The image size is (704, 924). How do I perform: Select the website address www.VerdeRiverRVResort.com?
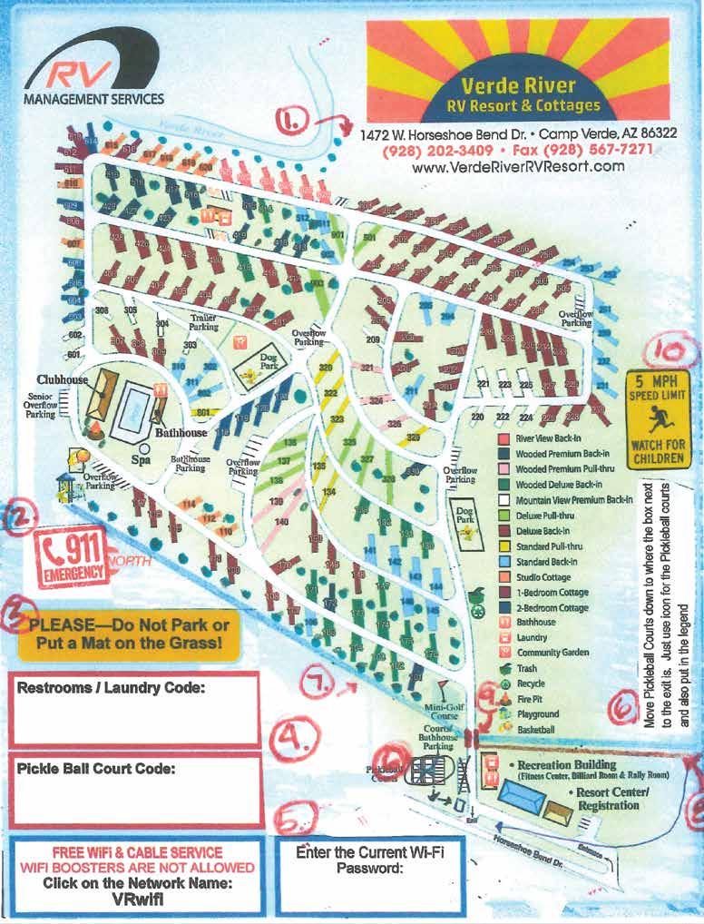(x=518, y=167)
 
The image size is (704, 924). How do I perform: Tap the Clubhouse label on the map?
(x=62, y=379)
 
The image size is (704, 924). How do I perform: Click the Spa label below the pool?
(x=141, y=460)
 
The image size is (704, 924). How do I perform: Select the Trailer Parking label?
(x=203, y=321)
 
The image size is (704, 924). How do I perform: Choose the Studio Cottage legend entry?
(x=543, y=577)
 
